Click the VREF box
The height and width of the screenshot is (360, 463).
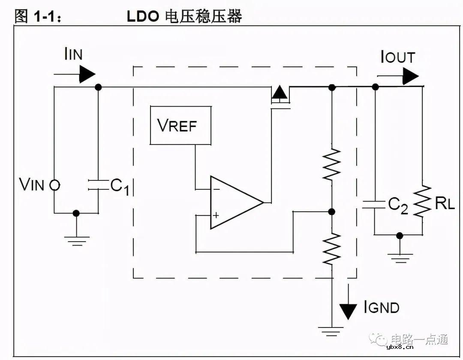click(x=180, y=125)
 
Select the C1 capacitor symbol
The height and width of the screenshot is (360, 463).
click(x=98, y=185)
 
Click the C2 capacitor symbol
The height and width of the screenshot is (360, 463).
click(x=375, y=204)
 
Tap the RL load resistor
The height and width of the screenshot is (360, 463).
click(x=422, y=201)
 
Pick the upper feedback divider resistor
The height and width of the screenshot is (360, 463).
click(x=331, y=165)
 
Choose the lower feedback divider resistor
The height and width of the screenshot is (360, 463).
click(x=331, y=249)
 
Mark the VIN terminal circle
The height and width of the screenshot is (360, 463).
click(x=54, y=185)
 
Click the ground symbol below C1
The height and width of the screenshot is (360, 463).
click(x=76, y=241)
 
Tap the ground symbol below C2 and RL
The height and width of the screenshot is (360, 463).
click(x=400, y=258)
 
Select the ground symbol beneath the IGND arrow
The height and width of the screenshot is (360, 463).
click(x=331, y=331)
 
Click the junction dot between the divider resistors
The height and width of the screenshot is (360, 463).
click(x=331, y=212)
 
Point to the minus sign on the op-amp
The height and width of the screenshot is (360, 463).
click(x=216, y=188)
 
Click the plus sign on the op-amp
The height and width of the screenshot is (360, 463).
click(x=216, y=215)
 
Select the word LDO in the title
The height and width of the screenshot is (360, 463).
click(x=143, y=16)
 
